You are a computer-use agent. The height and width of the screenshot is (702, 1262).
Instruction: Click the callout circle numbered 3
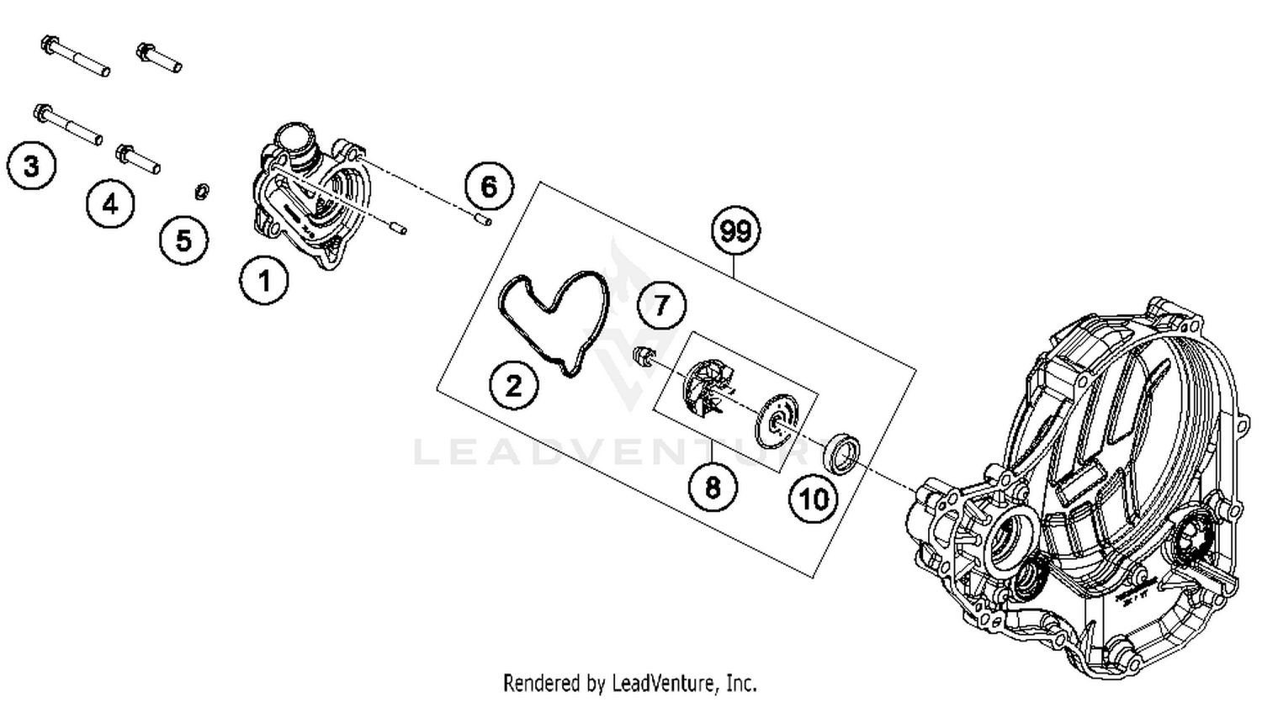pyautogui.click(x=31, y=166)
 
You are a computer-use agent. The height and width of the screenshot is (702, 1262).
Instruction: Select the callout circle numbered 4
pyautogui.click(x=110, y=203)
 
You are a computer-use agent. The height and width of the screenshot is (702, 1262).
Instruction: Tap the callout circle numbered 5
pyautogui.click(x=183, y=240)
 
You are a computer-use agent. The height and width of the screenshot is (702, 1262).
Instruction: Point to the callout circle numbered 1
pyautogui.click(x=264, y=280)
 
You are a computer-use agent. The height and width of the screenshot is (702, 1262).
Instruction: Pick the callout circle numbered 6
pyautogui.click(x=489, y=186)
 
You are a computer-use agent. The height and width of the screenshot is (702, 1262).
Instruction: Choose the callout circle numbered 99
pyautogui.click(x=735, y=230)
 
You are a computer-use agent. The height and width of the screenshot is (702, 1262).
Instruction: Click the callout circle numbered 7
pyautogui.click(x=661, y=304)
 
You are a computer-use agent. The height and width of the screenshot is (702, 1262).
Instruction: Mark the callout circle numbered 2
pyautogui.click(x=513, y=386)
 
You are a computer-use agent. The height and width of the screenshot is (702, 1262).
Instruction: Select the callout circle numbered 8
pyautogui.click(x=713, y=486)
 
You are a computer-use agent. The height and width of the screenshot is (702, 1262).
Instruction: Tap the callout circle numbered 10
pyautogui.click(x=813, y=499)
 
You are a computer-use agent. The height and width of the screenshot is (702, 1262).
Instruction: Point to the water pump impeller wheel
pyautogui.click(x=707, y=388)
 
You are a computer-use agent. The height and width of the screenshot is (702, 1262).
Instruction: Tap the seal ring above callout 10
pyautogui.click(x=842, y=451)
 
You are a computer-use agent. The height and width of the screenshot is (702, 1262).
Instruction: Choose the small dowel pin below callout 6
pyautogui.click(x=482, y=220)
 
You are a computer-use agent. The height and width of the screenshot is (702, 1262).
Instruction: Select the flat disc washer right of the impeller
pyautogui.click(x=773, y=422)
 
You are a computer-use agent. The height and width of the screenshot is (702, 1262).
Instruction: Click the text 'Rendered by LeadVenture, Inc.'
pyautogui.click(x=629, y=682)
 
